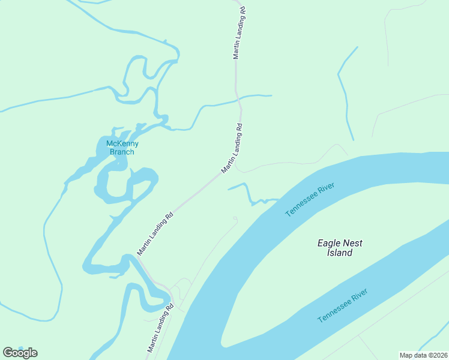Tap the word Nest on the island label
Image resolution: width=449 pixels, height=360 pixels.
click(355, 243)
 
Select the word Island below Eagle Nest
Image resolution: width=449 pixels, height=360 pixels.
click(340, 253)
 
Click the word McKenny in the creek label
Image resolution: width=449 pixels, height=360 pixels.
click(122, 143)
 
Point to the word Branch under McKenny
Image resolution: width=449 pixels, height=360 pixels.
click(122, 152)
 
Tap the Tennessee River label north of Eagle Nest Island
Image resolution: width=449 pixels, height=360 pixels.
click(310, 200)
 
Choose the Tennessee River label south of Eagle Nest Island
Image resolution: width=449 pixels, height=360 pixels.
click(342, 305)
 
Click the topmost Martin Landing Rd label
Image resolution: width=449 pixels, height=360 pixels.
click(240, 33)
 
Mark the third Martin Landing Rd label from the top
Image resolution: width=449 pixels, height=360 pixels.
click(155, 233)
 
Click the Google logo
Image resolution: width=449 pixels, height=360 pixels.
click(20, 353)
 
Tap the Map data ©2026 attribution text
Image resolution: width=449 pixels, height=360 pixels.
click(423, 355)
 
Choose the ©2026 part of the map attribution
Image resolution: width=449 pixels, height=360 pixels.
click(436, 355)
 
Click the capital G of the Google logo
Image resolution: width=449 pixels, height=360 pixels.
click(8, 353)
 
